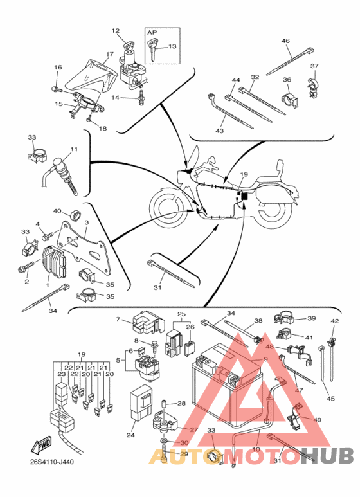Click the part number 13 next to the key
pos(172,46)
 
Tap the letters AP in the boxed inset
pos(152,32)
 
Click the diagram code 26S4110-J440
pos(52,462)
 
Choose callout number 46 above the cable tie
pos(285,41)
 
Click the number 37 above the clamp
pos(314,66)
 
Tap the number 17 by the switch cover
pos(110,54)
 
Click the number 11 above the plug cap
pos(74,149)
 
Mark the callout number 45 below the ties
pos(330,399)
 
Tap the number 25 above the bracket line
pos(181,314)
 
